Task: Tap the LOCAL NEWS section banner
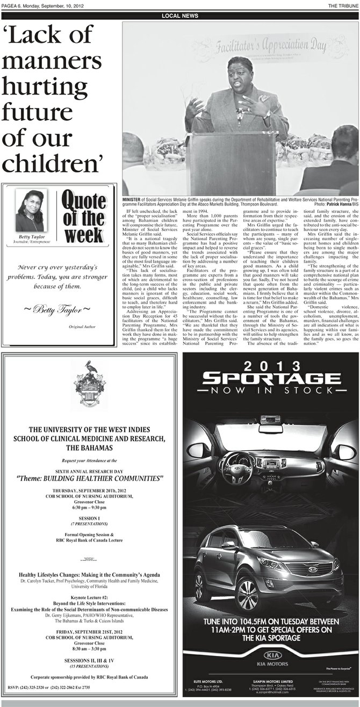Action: point(180,16)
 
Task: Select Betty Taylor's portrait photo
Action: point(30,211)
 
